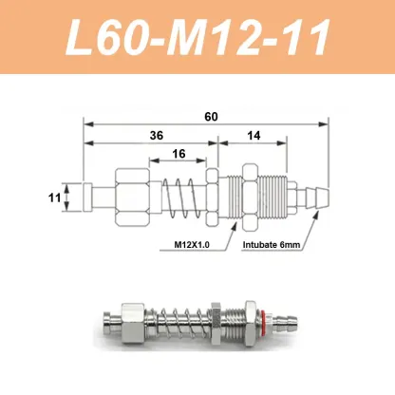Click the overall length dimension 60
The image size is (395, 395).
(210, 116)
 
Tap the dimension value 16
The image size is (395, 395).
(179, 154)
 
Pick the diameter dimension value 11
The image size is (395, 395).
(54, 198)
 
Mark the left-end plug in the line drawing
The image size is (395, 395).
(90, 198)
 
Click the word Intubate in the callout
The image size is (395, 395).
(260, 245)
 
